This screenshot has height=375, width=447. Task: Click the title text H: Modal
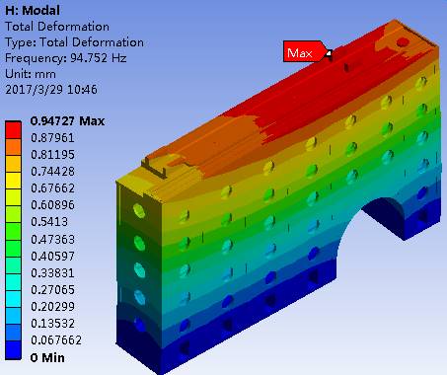click(33, 10)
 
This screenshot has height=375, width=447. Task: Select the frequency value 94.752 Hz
click(99, 58)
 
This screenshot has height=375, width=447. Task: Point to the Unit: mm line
click(31, 74)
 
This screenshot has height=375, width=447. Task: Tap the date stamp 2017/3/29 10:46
click(51, 90)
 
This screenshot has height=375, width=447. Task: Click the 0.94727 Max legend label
click(67, 121)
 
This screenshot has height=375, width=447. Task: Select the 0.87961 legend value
click(52, 138)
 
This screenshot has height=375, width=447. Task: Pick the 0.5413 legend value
click(49, 222)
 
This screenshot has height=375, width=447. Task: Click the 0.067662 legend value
click(56, 339)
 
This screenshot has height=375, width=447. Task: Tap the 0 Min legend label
click(47, 357)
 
